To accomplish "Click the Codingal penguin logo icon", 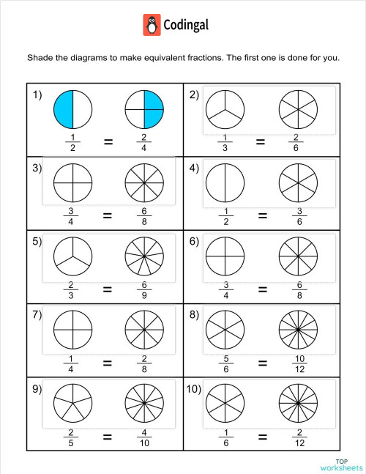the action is pos(152,25).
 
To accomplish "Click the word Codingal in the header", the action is pos(186,25).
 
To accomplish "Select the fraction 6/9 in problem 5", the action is pos(144,289).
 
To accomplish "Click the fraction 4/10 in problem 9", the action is pos(144,436).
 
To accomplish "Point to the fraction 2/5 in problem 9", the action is pos(71,436).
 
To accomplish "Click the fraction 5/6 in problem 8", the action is pos(223,362).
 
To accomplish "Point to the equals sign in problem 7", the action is pos(108,362).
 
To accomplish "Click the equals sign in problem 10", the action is pos(261,436).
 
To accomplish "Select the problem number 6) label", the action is pos(195,241).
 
